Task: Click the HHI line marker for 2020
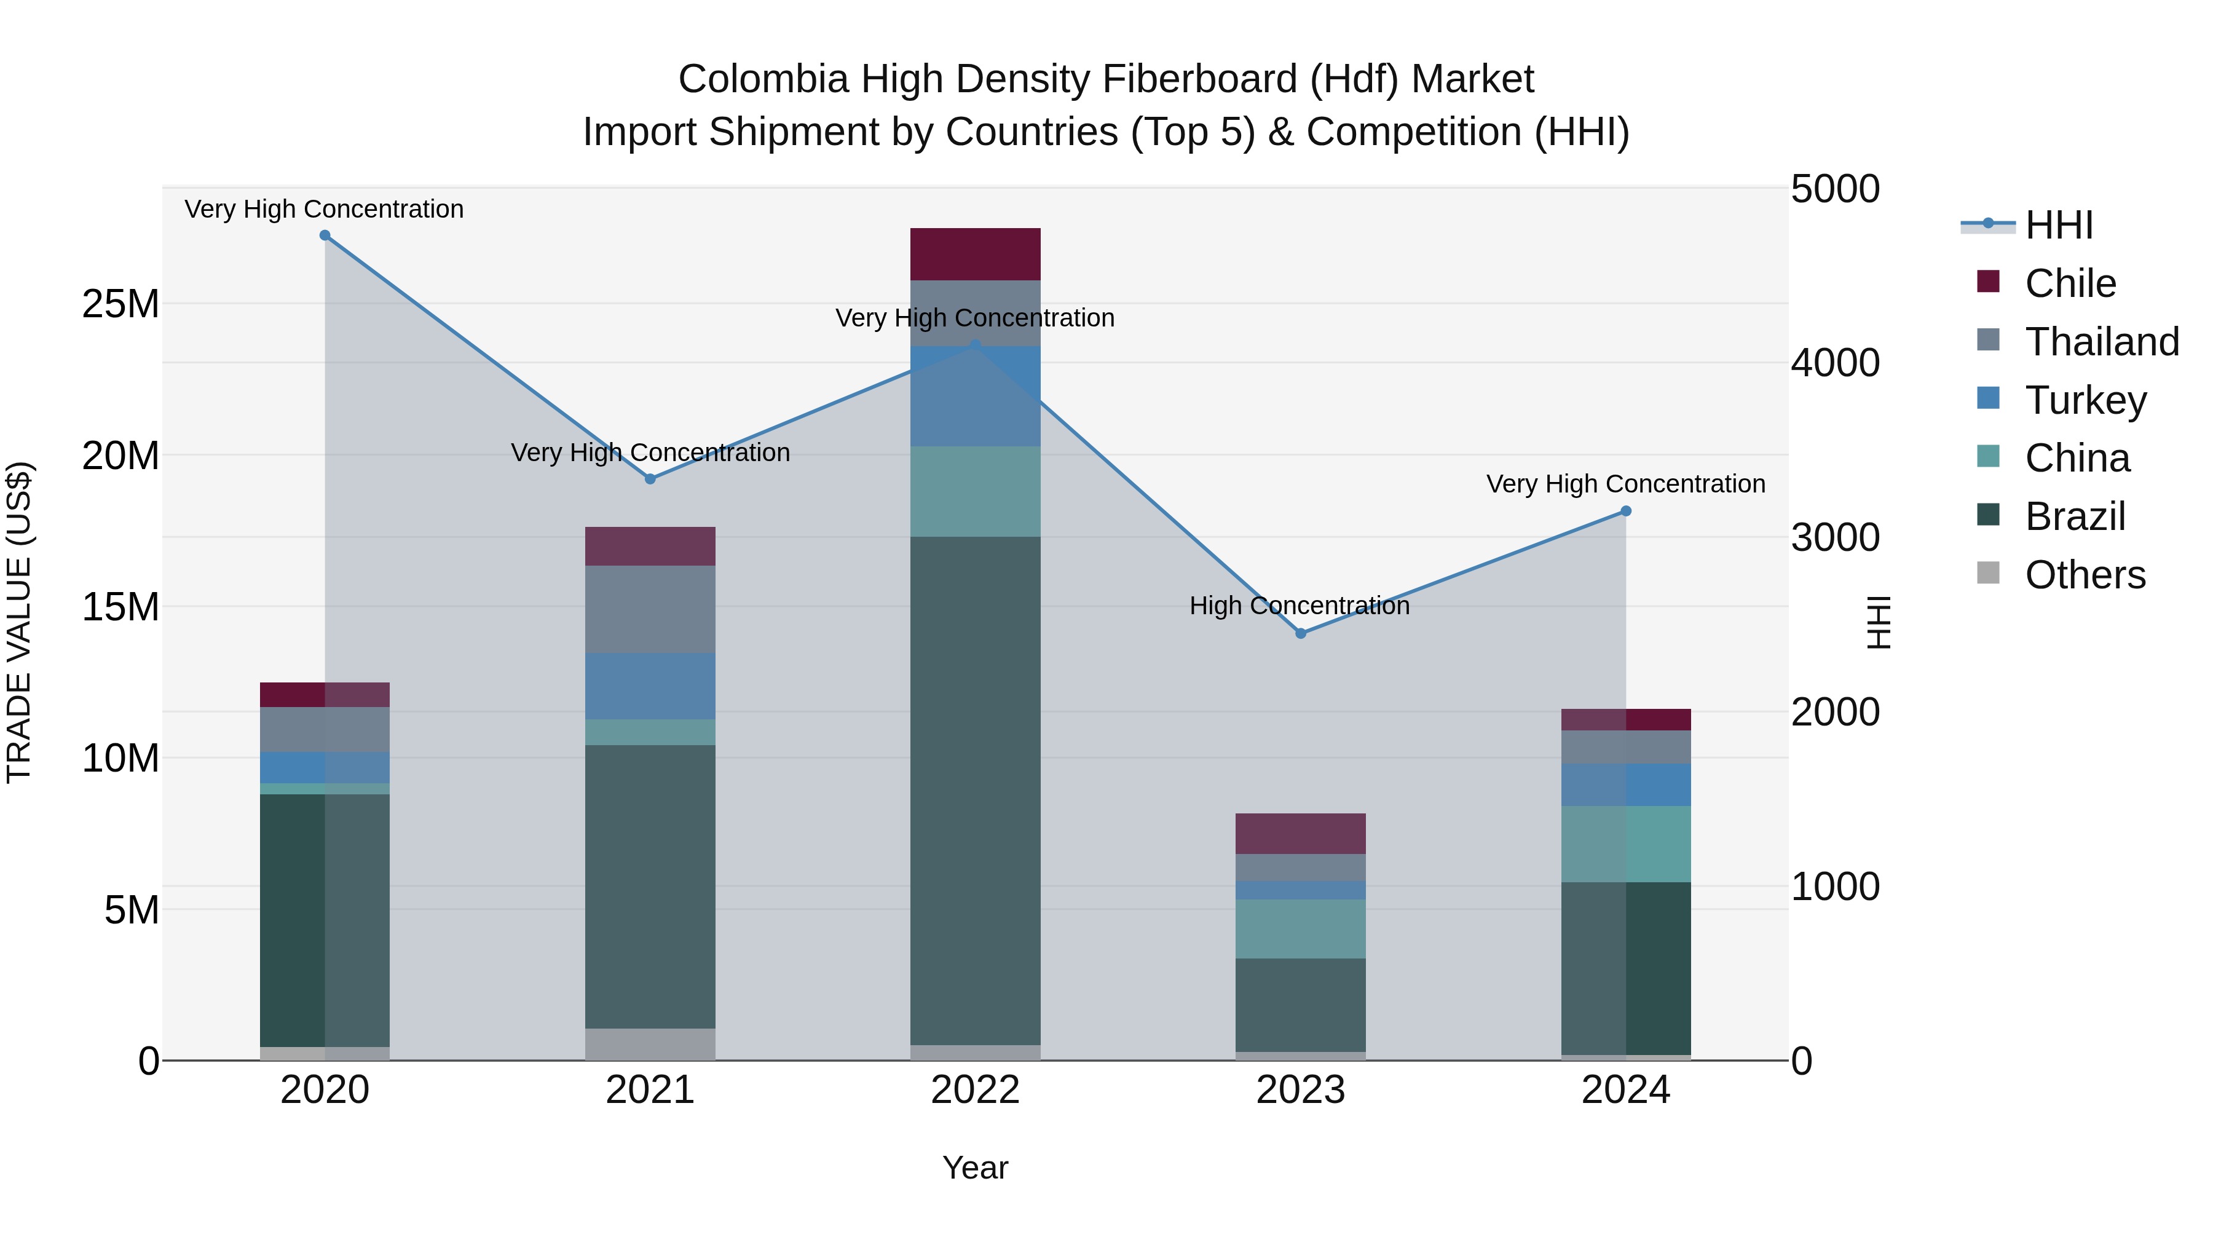click(x=325, y=235)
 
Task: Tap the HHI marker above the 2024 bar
click(x=1625, y=512)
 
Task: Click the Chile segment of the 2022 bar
click(x=975, y=255)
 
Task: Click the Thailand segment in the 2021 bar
click(x=650, y=609)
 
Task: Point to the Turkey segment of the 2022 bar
click(x=975, y=396)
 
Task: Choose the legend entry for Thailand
click(x=2101, y=342)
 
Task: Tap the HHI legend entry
click(x=2058, y=225)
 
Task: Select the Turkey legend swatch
click(x=1988, y=398)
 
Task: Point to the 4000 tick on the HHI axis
click(x=1835, y=363)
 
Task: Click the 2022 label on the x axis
click(x=975, y=1090)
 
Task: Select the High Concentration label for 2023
click(x=1299, y=606)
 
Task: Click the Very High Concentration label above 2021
click(x=650, y=453)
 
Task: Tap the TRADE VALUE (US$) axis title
click(x=19, y=622)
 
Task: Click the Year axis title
click(x=975, y=1168)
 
